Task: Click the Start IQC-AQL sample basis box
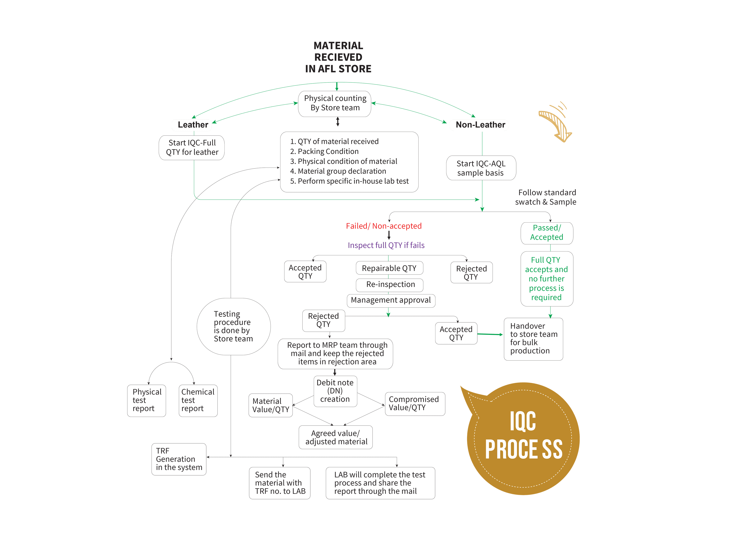[481, 168]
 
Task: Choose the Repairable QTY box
[389, 268]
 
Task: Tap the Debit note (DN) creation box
[335, 391]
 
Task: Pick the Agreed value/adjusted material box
[336, 437]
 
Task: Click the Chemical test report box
[198, 401]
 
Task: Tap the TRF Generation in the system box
[179, 459]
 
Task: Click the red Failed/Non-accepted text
[383, 226]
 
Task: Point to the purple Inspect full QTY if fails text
[386, 246]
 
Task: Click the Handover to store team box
[533, 339]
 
